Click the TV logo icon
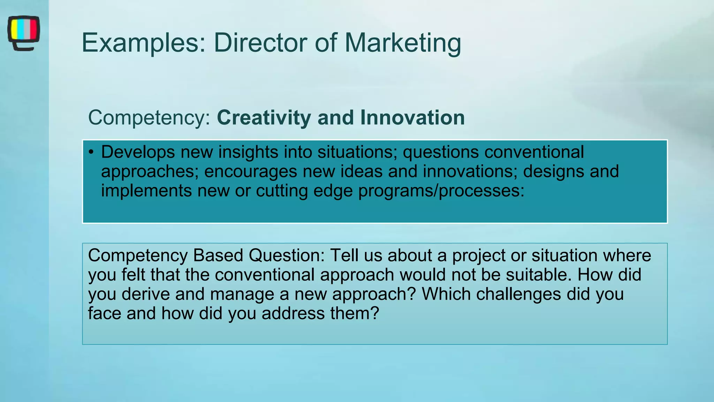(x=23, y=33)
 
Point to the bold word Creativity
(x=264, y=118)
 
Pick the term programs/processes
(x=441, y=191)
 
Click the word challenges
(x=518, y=294)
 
